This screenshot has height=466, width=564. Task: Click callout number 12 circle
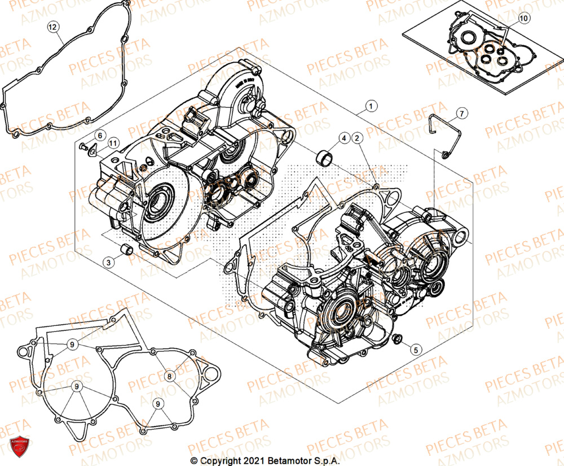click(52, 27)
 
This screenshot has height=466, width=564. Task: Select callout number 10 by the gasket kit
click(524, 19)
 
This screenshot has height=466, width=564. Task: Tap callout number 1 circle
click(371, 106)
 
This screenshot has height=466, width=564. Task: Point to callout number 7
click(461, 114)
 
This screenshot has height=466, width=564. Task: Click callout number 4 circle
click(343, 138)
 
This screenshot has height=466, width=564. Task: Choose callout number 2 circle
click(357, 138)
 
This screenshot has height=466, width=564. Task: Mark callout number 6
click(99, 136)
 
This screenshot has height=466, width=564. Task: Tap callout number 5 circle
click(415, 350)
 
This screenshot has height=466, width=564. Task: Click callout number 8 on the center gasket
click(169, 375)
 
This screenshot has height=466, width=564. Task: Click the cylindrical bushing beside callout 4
click(325, 156)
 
